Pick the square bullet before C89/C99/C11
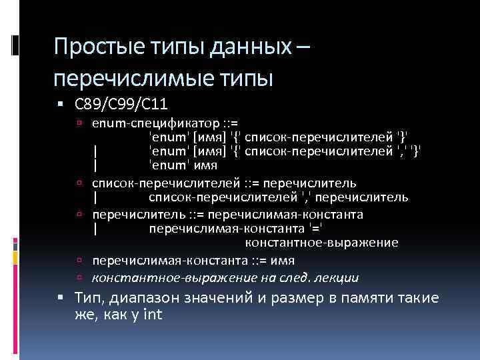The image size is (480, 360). (x=61, y=105)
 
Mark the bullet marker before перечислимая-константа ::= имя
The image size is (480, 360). (x=79, y=261)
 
